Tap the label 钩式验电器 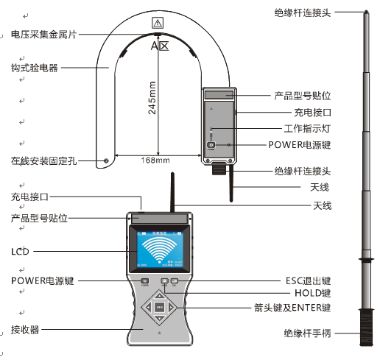click(34, 68)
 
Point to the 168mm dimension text click(155, 160)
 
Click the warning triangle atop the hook click(157, 24)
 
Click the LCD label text click(19, 252)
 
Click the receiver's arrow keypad click(159, 307)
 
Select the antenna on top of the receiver click(172, 193)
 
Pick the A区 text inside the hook click(160, 46)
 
